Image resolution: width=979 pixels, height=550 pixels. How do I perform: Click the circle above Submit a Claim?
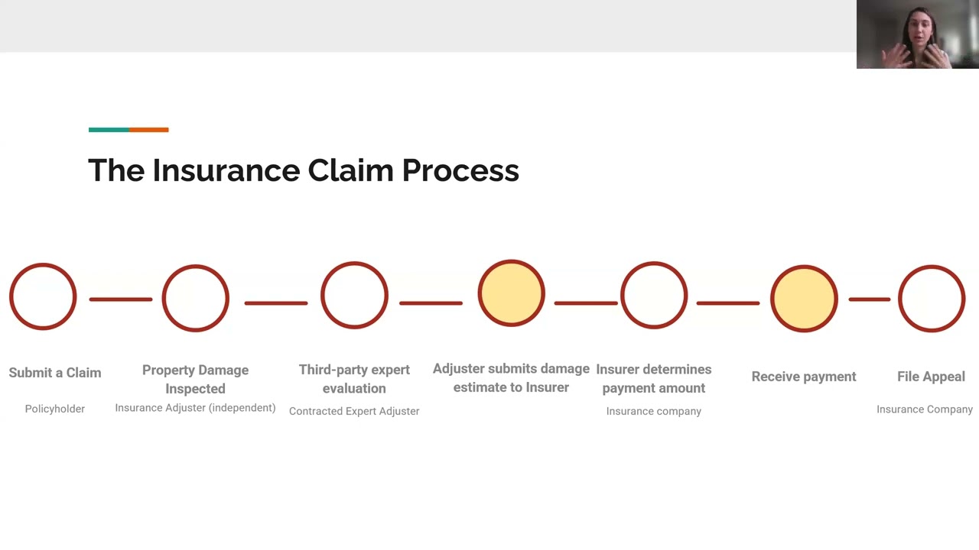[43, 296]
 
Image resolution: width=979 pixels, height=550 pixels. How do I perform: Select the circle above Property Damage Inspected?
[195, 298]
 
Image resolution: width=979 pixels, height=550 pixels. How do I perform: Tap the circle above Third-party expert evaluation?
[354, 296]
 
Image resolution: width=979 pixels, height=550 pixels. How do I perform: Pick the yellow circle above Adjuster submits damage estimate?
[511, 293]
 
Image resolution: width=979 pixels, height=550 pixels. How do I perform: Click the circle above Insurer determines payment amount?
[654, 296]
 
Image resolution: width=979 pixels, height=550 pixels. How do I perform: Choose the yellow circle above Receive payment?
[804, 298]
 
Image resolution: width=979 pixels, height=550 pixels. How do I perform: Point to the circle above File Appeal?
[931, 298]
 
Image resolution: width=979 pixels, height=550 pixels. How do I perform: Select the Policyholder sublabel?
[54, 409]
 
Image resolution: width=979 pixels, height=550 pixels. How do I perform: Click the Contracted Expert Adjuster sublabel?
[354, 411]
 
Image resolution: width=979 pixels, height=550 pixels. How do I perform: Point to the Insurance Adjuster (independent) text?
[195, 408]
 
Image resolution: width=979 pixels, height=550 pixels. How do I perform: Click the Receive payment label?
[804, 376]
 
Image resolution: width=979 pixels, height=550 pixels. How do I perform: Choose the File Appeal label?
[931, 376]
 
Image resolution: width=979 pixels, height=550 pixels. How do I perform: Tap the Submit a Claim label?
[54, 373]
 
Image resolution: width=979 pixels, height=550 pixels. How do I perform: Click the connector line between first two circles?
[120, 299]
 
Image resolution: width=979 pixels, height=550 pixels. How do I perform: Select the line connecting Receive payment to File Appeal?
[869, 299]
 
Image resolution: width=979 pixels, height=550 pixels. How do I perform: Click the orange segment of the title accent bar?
[148, 130]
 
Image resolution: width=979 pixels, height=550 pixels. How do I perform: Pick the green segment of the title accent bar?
[108, 130]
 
